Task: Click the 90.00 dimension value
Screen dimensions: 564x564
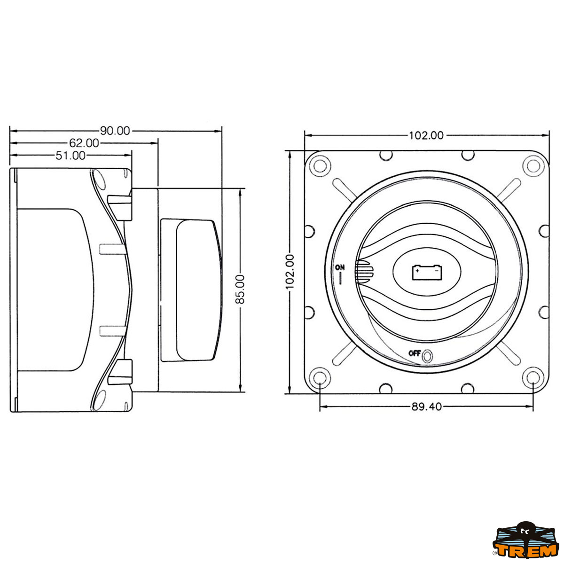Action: tap(115, 131)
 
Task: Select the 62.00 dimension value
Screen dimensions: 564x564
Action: tap(84, 143)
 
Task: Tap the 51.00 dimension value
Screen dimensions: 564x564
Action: tap(70, 156)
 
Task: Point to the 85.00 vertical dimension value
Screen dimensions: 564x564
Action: tap(240, 289)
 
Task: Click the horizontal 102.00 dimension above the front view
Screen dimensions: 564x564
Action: tap(426, 135)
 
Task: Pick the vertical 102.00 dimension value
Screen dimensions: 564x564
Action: tap(290, 272)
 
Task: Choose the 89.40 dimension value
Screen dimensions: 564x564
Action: tap(426, 407)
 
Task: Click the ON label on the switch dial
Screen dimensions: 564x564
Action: tap(340, 267)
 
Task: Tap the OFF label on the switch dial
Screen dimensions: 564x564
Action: tap(415, 353)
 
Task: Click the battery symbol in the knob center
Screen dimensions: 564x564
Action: tap(427, 272)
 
